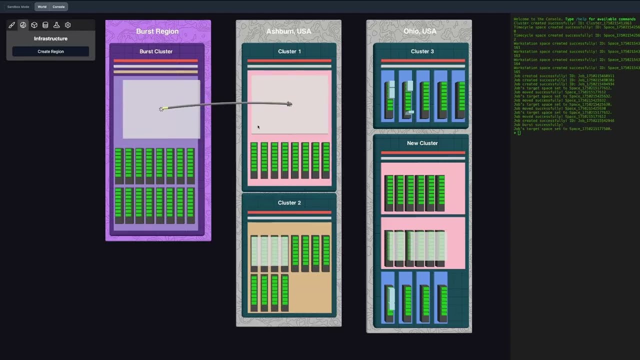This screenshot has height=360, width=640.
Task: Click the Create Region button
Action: tap(50, 51)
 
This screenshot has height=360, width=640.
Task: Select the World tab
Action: tap(42, 7)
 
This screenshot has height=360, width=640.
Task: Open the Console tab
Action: tap(58, 7)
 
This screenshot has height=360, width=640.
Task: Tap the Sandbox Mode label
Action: tap(18, 7)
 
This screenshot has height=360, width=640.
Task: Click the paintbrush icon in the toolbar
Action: tap(12, 25)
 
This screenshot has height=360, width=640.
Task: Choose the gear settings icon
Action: tap(68, 25)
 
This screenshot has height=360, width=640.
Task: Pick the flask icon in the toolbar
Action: tap(56, 25)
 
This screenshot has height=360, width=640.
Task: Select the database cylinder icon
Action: tap(45, 25)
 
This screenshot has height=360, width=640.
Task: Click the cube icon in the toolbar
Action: tap(34, 25)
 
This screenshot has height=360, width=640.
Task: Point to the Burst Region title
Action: tap(157, 31)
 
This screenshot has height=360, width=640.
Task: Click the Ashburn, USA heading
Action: tap(288, 31)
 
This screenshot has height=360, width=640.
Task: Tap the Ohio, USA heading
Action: tap(419, 31)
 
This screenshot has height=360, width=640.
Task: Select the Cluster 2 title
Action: tap(289, 202)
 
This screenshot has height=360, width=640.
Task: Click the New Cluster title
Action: tap(422, 143)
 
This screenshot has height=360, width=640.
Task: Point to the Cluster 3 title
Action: tap(422, 51)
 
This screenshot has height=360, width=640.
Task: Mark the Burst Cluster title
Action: tap(156, 51)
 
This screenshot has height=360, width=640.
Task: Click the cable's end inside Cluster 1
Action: tap(289, 104)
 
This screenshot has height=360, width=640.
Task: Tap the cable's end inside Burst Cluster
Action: tap(161, 108)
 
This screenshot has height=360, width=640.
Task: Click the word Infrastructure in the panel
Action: tap(50, 38)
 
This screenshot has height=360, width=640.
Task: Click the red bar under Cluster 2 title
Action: tap(289, 212)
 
